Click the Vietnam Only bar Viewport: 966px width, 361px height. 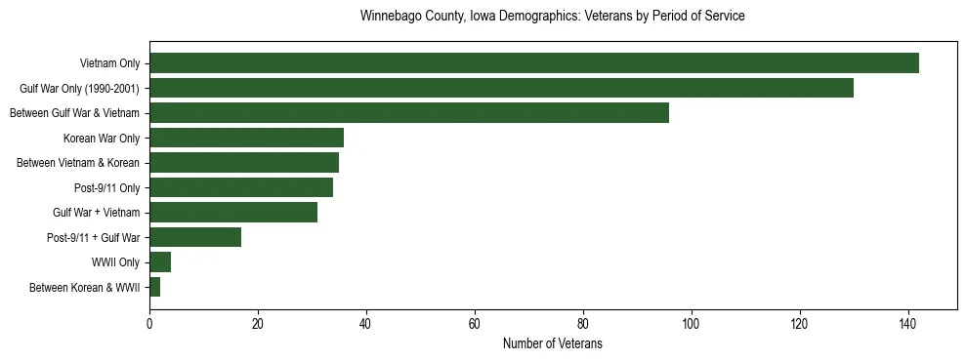click(534, 63)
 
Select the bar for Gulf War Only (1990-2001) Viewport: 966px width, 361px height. click(501, 88)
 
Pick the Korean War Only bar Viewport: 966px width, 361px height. click(246, 138)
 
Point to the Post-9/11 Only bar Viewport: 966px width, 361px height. click(241, 187)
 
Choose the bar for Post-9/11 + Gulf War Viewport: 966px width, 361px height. click(195, 237)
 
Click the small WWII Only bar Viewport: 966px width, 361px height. click(160, 262)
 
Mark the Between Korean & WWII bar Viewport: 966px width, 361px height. click(154, 287)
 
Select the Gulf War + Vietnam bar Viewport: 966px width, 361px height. click(233, 212)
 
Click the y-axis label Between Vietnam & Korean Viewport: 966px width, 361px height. click(78, 163)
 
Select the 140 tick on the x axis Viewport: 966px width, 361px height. click(908, 324)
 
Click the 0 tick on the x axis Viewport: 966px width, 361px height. click(149, 324)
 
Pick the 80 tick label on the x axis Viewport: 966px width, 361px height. click(583, 324)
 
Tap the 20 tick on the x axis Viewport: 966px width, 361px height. click(258, 324)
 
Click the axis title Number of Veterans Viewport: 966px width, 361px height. click(552, 344)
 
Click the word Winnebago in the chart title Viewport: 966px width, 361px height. click(391, 17)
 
